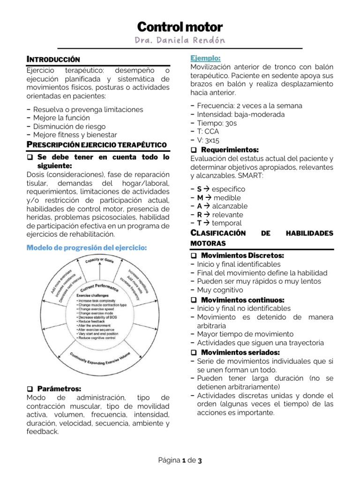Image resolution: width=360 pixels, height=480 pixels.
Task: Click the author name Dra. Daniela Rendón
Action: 180,41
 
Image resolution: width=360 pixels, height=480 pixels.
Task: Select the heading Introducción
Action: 53,60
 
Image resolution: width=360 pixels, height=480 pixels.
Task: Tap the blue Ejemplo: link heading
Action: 205,58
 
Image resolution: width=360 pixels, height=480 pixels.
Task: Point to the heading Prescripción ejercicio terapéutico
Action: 96,144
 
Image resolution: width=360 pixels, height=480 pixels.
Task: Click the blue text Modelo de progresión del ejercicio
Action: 87,247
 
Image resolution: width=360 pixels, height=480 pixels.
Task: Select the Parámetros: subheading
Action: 59,389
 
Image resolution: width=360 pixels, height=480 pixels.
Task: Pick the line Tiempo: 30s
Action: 217,123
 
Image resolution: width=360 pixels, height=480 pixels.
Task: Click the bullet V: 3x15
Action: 208,140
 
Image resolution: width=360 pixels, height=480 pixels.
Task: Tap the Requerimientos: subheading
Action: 229,150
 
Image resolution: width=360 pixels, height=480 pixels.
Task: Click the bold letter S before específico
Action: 199,189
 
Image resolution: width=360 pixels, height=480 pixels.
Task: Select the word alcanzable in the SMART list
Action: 230,206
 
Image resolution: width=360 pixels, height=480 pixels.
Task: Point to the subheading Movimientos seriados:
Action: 240,352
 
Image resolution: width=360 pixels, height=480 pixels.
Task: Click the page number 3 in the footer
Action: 200,461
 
